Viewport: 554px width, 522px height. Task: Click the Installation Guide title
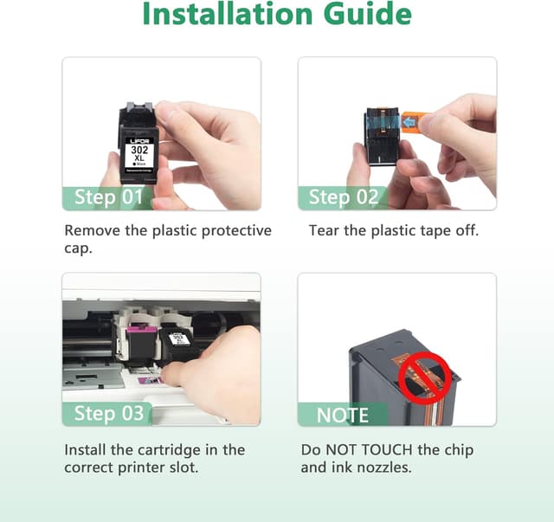coord(277,16)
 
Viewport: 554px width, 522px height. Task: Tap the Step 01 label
coord(107,197)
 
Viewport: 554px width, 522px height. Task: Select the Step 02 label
coord(344,197)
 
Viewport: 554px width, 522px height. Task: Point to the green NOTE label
coord(343,416)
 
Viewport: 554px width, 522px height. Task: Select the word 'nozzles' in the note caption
coord(386,468)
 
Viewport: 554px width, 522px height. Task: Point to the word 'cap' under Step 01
coord(80,249)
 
